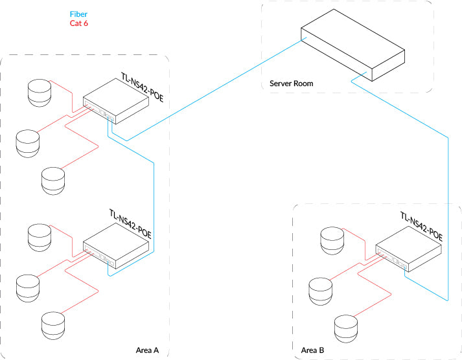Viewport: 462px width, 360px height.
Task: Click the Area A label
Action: [148, 351]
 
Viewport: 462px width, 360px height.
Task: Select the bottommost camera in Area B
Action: [345, 329]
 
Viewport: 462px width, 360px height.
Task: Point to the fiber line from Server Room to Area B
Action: [448, 194]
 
